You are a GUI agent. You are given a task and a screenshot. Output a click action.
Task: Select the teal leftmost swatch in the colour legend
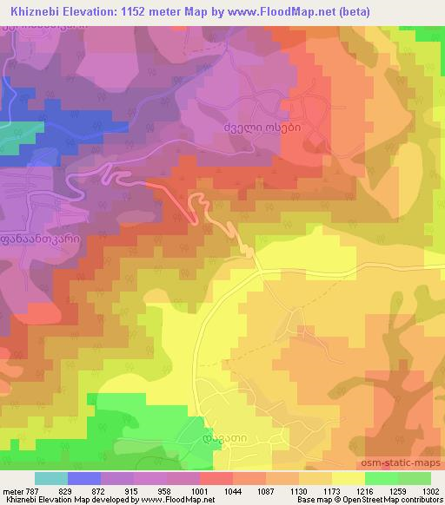point(51,478)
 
